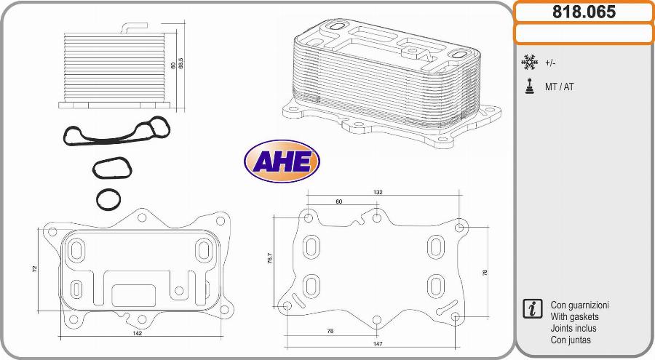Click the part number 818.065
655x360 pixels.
tap(584, 12)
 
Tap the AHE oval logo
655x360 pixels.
tap(282, 161)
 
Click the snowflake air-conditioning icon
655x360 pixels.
tap(529, 63)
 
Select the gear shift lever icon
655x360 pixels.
tap(529, 86)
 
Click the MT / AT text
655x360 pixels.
tap(559, 87)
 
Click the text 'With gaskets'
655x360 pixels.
tap(575, 317)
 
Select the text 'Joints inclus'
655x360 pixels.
tap(573, 329)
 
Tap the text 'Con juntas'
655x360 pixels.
tap(571, 340)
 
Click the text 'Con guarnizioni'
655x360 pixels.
tap(580, 305)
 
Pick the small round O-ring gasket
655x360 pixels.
tap(108, 199)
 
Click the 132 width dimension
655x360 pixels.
tap(378, 193)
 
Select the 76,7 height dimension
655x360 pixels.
tap(269, 260)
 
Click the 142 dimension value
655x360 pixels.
tap(137, 334)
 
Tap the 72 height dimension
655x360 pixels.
tap(34, 268)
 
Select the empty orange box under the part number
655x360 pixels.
tap(584, 33)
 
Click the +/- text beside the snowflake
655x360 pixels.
tap(550, 63)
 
